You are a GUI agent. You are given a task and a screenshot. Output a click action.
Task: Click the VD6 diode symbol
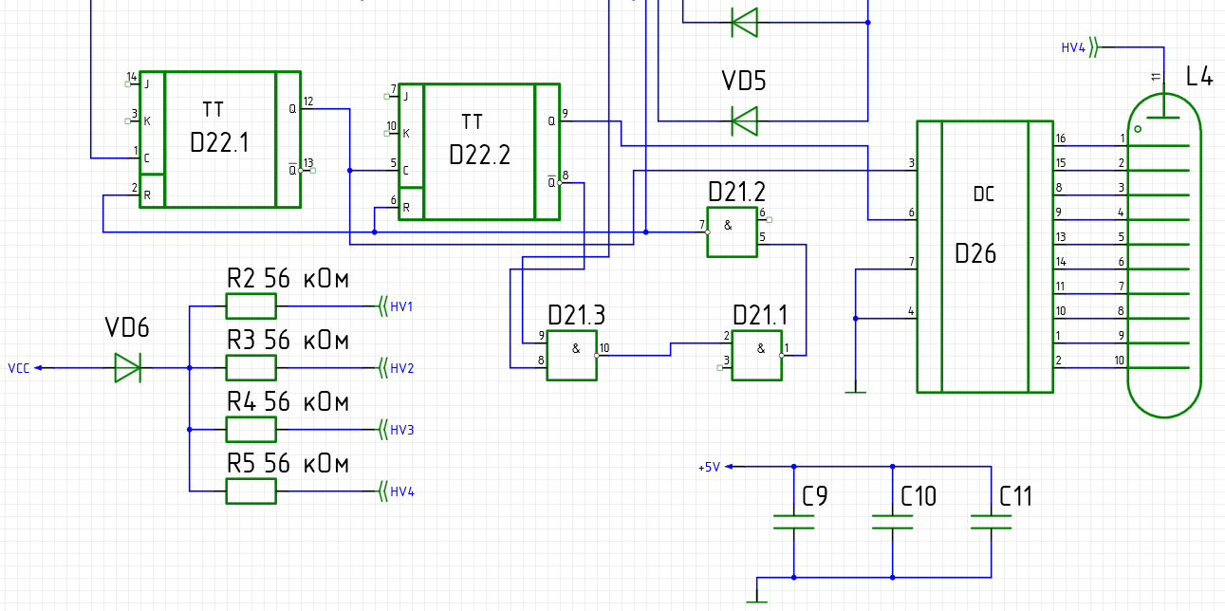pyautogui.click(x=128, y=367)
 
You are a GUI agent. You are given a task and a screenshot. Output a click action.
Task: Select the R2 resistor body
pyautogui.click(x=251, y=306)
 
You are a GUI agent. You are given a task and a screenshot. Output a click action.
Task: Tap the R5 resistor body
pyautogui.click(x=251, y=491)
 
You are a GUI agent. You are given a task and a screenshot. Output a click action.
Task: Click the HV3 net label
pyautogui.click(x=402, y=430)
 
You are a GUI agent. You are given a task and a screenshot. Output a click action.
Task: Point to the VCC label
pyautogui.click(x=19, y=368)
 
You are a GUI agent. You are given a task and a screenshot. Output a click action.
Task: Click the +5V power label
pyautogui.click(x=710, y=467)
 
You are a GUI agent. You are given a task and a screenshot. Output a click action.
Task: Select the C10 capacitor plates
pyautogui.click(x=893, y=523)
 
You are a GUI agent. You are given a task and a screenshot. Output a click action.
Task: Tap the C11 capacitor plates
pyautogui.click(x=991, y=523)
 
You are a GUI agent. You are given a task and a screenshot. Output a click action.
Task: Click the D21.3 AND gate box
pyautogui.click(x=572, y=356)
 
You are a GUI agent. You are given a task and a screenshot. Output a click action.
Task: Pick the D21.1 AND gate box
pyautogui.click(x=757, y=356)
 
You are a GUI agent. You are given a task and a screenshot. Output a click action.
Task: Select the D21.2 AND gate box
pyautogui.click(x=733, y=231)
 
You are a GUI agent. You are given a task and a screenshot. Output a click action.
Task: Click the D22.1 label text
pyautogui.click(x=219, y=142)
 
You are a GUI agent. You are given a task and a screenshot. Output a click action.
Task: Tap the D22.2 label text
pyautogui.click(x=479, y=156)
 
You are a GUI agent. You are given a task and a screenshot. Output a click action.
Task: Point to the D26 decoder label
pyautogui.click(x=975, y=254)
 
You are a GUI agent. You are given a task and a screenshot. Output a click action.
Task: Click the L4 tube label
pyautogui.click(x=1199, y=76)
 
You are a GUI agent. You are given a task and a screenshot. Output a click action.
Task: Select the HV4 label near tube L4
pyautogui.click(x=1073, y=48)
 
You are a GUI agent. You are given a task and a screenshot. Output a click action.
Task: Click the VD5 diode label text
pyautogui.click(x=744, y=81)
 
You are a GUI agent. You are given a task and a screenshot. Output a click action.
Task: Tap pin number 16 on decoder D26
pyautogui.click(x=1061, y=139)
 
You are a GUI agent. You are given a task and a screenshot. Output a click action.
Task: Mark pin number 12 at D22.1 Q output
pyautogui.click(x=308, y=102)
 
